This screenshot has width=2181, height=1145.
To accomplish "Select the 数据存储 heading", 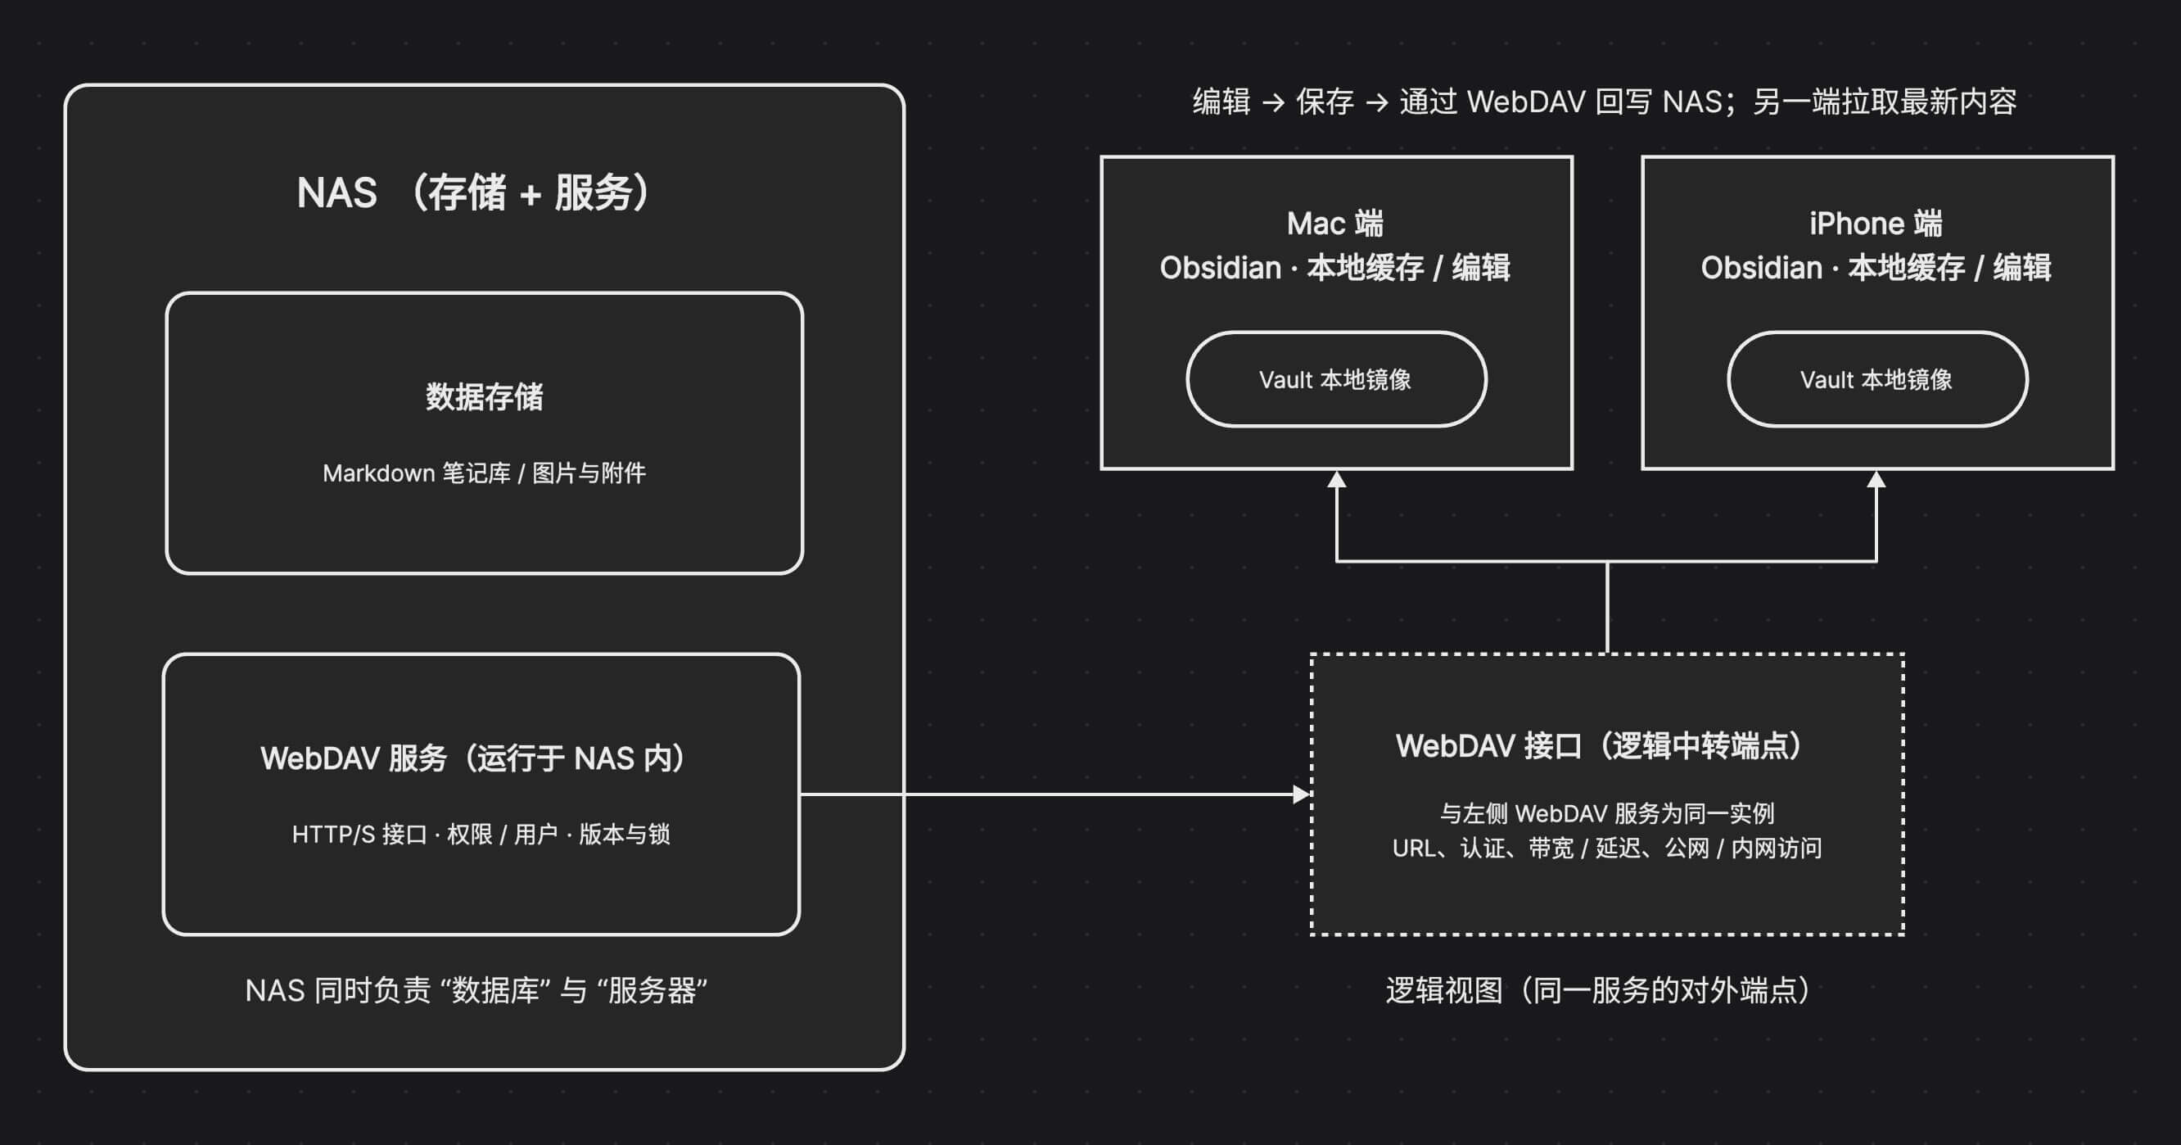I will pos(485,397).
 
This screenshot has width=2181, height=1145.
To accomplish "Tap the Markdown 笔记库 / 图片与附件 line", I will pos(485,473).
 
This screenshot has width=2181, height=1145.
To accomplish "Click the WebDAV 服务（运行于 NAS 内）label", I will pos(472,758).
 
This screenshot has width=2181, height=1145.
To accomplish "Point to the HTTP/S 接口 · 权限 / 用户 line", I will pos(481,835).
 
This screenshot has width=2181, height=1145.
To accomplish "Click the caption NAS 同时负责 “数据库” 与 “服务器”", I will pos(476,990).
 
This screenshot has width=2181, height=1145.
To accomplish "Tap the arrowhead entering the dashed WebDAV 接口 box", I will pos(1302,794).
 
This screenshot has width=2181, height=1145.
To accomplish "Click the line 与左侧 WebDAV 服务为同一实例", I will pos(1607,814).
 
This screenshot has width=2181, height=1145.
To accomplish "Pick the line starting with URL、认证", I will pos(1607,849).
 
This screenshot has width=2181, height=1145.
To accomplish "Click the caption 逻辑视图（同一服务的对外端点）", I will pos(1598,990).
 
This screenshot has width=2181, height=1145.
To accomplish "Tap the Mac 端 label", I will pos(1335,224).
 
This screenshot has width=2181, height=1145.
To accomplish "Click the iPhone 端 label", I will pos(1876,224).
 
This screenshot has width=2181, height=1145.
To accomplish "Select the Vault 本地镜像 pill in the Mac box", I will pos(1336,379).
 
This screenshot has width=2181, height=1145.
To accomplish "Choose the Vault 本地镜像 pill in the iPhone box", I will pos(1877,379).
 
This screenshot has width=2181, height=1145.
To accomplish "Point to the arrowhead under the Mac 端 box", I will pos(1336,479).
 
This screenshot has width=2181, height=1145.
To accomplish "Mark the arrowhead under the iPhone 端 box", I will pos(1876,479).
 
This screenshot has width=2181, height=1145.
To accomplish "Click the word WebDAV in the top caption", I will pos(1526,102).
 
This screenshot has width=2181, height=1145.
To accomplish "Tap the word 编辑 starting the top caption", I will pos(1221,102).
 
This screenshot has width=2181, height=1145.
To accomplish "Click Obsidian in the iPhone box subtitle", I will pos(1761,269).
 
